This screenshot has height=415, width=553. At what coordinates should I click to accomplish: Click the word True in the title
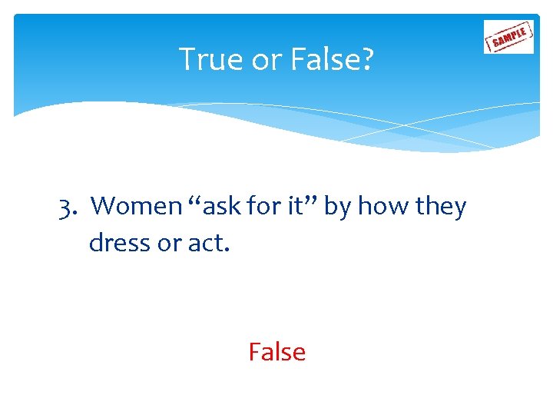pos(207,59)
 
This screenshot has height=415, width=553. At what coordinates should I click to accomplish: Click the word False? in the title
pos(334,59)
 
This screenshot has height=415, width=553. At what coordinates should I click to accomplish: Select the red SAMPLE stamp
pos(508,36)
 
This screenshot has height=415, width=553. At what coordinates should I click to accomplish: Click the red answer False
pos(276,352)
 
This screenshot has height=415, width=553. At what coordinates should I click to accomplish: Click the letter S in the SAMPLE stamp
pos(495,42)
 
